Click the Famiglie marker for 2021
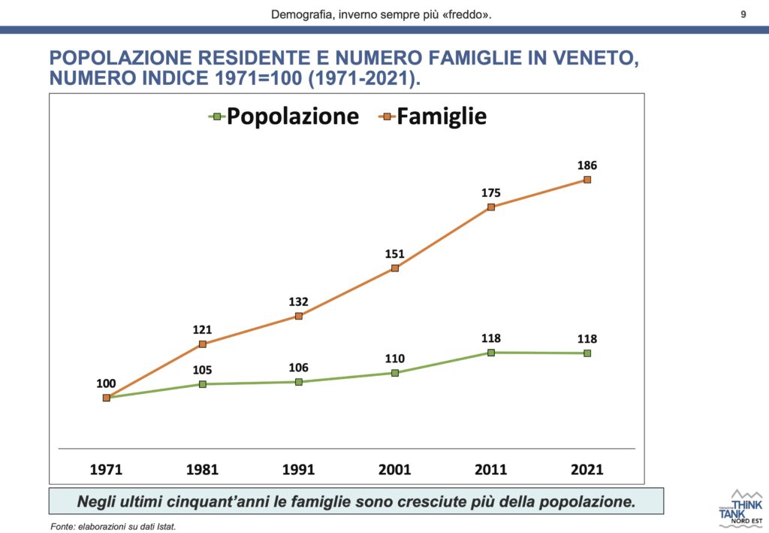coord(587,180)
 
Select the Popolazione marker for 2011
coord(491,352)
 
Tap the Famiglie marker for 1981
coord(203,344)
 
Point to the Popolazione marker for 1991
coord(299,382)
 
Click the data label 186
coord(587,165)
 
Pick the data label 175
coord(491,192)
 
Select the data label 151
coord(395,253)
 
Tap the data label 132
coord(299,301)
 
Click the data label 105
coord(203,370)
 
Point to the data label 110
coord(395,359)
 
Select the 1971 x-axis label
coord(107,470)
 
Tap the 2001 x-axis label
coord(395,470)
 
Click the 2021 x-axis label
coord(587,470)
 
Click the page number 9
coord(743,14)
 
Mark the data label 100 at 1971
coord(107,383)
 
